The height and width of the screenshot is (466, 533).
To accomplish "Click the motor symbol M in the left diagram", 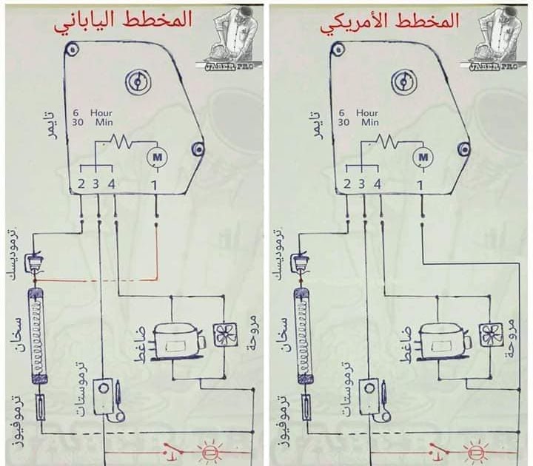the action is click(156, 156).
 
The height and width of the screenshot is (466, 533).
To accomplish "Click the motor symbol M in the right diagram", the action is click(423, 156).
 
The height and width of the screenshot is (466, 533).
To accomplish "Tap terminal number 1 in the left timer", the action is click(155, 183).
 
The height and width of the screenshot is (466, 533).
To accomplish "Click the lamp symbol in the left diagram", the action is click(208, 451).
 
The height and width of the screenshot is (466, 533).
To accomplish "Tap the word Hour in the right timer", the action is click(367, 113).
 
